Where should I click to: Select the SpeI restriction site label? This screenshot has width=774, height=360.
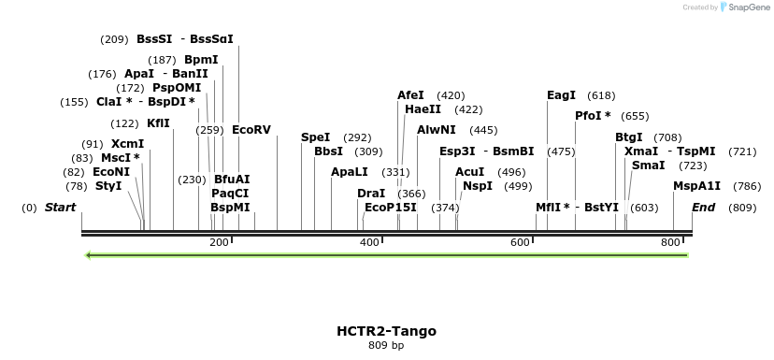[315, 137]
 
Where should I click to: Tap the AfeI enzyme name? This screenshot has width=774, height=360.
[410, 95]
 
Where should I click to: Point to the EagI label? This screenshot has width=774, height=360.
[561, 95]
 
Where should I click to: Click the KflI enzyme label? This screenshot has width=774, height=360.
[158, 123]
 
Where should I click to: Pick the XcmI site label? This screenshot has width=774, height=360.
[127, 144]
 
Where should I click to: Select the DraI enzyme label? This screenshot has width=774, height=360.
[371, 194]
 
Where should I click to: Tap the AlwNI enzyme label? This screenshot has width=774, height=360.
[437, 130]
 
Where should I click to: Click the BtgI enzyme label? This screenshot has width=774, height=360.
[628, 137]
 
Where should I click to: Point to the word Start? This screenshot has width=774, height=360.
[60, 207]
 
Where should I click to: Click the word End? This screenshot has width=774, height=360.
[702, 207]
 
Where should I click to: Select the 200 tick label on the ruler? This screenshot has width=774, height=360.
[219, 243]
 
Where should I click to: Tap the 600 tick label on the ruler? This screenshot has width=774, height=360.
[520, 243]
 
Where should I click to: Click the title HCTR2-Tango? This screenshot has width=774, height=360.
[386, 331]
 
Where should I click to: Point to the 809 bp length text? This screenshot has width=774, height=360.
[386, 346]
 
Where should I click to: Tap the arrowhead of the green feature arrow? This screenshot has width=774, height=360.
[87, 254]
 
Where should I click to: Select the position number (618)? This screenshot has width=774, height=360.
[601, 95]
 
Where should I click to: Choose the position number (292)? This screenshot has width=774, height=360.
[358, 137]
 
